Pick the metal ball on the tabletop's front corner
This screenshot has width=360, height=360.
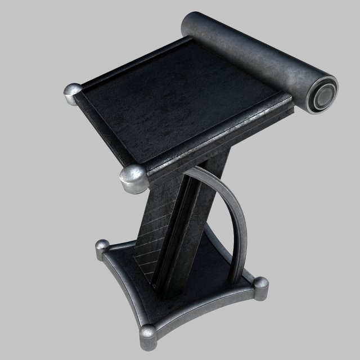[133, 179]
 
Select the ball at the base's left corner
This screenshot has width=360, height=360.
[102, 246]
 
